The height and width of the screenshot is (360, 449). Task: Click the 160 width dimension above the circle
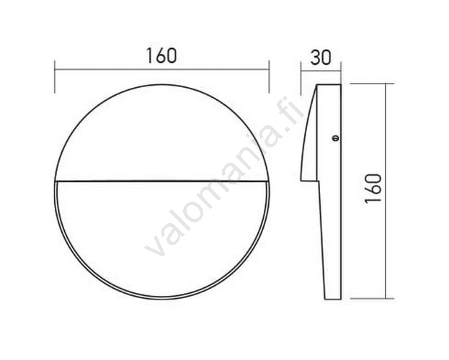coord(161,55)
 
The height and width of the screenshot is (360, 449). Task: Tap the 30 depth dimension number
coord(321,57)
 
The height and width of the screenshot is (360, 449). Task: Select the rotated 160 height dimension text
coord(373,189)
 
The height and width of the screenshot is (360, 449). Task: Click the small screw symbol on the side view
coord(335,138)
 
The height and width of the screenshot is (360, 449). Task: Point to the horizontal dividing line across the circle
coord(161,181)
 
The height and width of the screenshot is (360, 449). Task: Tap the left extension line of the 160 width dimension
coord(54,76)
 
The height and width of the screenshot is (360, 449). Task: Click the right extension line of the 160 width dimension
coord(269,76)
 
